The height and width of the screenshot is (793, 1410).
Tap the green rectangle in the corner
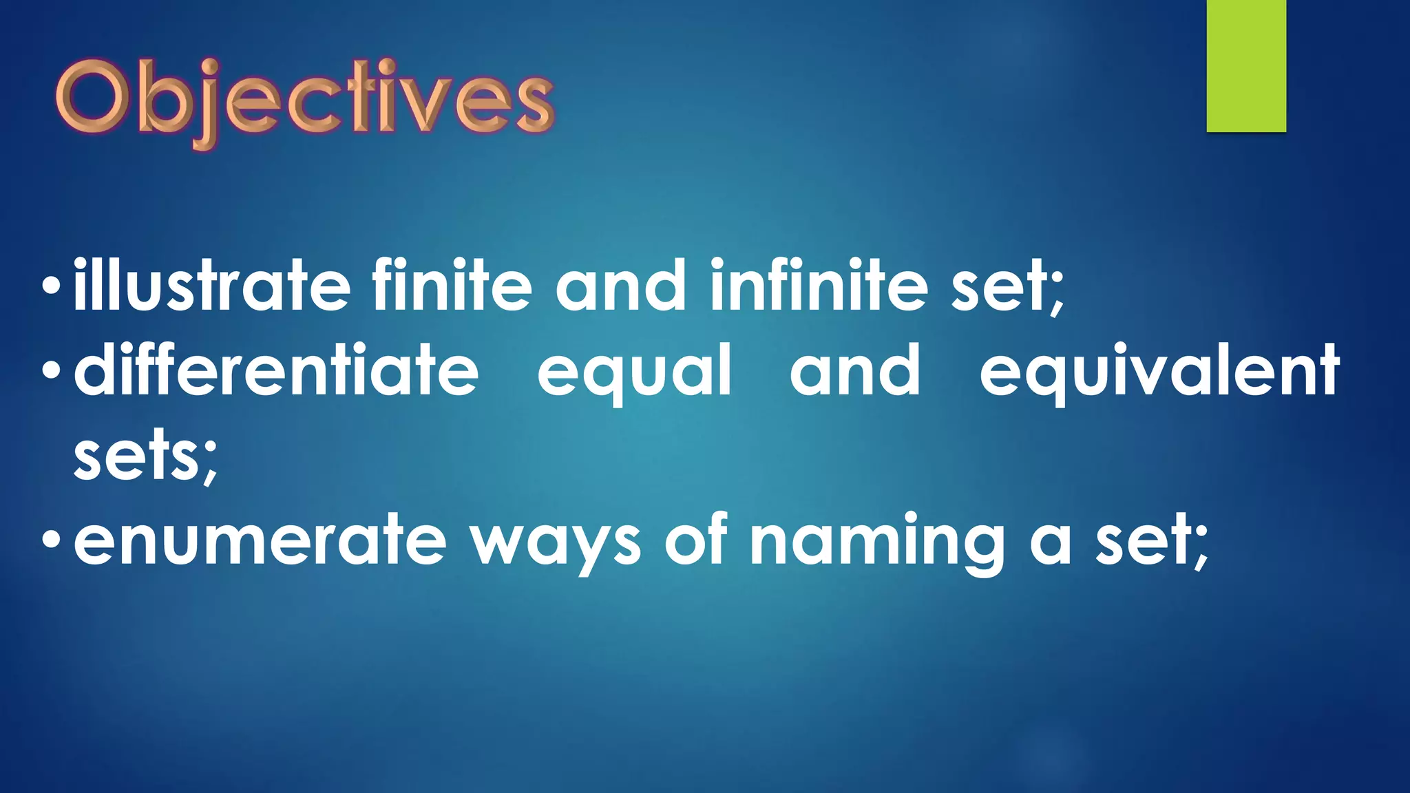1246,66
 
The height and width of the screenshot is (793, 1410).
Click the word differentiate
276,372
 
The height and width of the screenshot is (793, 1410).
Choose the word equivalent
1159,372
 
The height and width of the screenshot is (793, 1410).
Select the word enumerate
260,541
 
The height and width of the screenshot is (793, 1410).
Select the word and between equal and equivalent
854,372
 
